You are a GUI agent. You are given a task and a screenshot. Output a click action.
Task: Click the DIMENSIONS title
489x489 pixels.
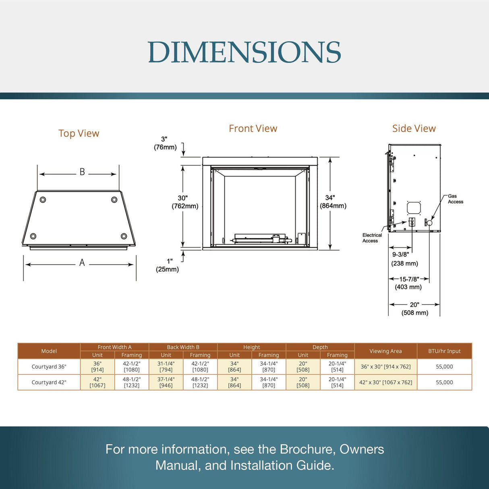(244, 52)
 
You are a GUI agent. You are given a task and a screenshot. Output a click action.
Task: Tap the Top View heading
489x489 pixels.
(79, 133)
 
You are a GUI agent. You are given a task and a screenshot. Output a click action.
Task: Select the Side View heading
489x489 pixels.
(414, 128)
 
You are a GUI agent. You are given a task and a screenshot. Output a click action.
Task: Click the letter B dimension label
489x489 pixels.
(82, 172)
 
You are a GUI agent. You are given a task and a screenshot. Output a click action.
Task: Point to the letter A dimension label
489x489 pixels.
(82, 263)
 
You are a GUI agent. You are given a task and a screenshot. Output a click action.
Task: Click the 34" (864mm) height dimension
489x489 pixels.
(333, 202)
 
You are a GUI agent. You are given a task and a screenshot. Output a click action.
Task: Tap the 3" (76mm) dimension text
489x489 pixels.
(165, 143)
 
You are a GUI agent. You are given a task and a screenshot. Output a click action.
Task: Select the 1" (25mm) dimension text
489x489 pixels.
(167, 265)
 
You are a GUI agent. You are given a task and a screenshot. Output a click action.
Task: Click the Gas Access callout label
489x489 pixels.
(456, 199)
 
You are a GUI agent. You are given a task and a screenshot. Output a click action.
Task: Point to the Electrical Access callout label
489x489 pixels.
(372, 238)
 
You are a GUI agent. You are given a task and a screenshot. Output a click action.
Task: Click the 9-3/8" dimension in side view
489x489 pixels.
(404, 259)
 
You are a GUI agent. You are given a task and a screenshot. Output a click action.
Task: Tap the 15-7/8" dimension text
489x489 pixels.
(408, 283)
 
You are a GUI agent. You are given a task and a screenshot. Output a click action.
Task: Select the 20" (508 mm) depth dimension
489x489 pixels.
(414, 309)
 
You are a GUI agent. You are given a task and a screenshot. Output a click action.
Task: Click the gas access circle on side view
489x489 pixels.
(429, 223)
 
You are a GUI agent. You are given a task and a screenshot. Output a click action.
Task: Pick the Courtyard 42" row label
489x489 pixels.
(49, 382)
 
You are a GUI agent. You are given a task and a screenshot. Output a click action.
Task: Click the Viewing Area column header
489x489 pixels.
(385, 351)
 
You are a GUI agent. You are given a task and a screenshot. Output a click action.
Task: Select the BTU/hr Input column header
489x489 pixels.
(444, 351)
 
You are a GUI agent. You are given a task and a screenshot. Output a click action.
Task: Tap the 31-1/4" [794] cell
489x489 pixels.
(166, 367)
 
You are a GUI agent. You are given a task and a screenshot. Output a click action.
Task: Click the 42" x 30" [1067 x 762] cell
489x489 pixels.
(385, 382)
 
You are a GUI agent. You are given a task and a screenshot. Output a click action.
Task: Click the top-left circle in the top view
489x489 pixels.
(43, 200)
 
